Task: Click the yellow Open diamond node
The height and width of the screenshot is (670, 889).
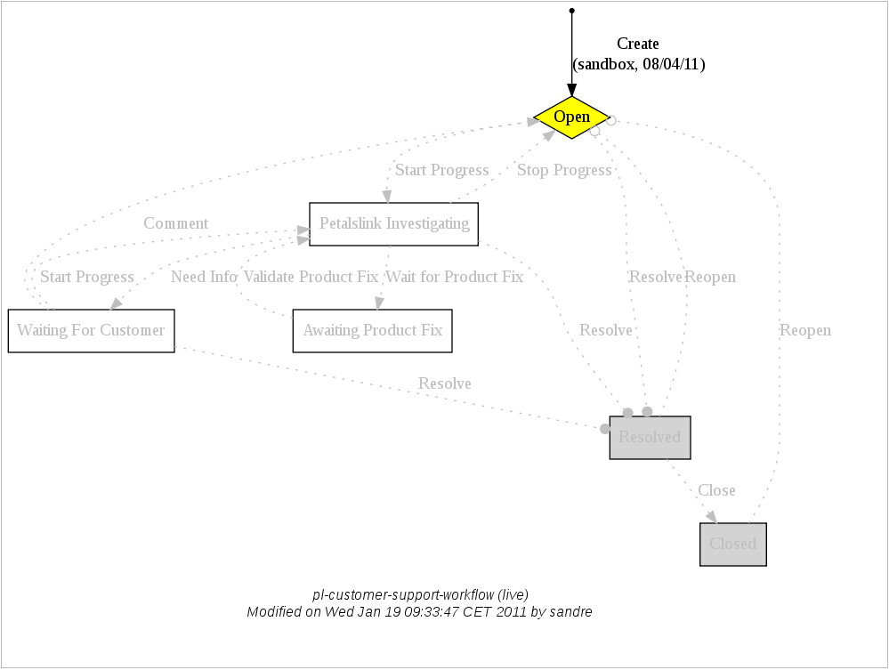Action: (571, 117)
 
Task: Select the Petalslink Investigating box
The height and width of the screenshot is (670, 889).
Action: (394, 224)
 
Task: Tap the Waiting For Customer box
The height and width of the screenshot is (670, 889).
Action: (91, 331)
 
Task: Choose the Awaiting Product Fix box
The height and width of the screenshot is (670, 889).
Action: (372, 331)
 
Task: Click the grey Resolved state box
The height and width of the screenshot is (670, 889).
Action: (650, 438)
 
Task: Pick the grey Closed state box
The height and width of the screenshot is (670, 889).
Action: (732, 545)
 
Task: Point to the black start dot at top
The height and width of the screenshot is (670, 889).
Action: (571, 11)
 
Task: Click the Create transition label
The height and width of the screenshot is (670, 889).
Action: (638, 44)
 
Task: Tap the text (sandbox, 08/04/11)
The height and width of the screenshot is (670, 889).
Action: (639, 64)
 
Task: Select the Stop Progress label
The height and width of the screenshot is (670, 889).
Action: (564, 170)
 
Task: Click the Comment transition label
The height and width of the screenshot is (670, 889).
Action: (176, 223)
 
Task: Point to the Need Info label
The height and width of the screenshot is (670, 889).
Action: (204, 277)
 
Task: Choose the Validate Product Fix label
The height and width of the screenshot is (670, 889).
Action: (311, 277)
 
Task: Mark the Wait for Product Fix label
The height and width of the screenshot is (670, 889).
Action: (455, 277)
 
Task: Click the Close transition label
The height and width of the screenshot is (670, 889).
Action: (716, 490)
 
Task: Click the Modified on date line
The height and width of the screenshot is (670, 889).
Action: (419, 612)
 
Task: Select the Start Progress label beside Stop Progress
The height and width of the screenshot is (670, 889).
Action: (442, 170)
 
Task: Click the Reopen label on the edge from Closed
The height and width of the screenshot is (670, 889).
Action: (805, 330)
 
